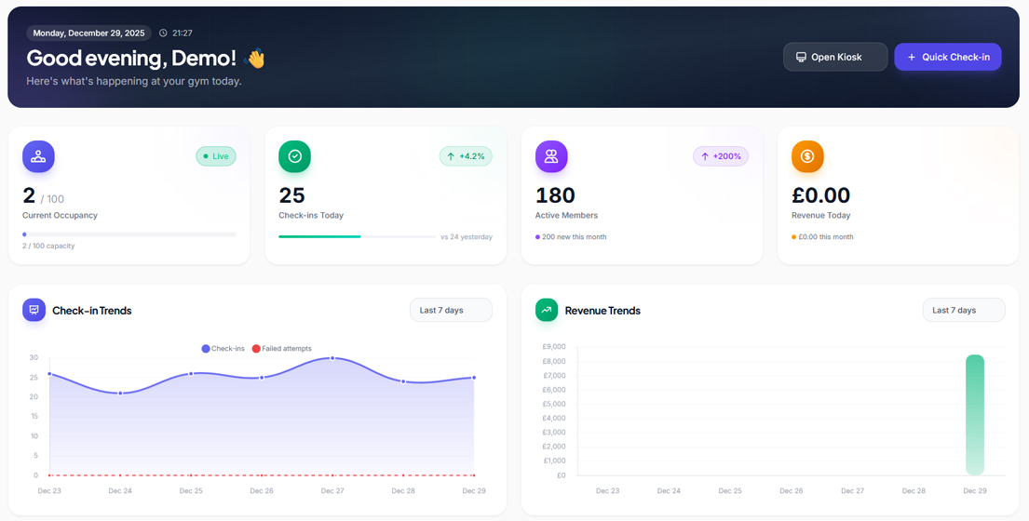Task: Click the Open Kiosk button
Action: [834, 57]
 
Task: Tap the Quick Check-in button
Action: [947, 57]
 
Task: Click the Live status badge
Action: [216, 156]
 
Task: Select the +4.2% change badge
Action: [466, 156]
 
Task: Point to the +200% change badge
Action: [721, 156]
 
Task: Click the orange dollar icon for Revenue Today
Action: [807, 156]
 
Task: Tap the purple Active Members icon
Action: [551, 156]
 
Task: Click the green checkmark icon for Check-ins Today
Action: [294, 156]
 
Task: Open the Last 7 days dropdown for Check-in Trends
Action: [451, 310]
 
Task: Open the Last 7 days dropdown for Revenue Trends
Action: [963, 310]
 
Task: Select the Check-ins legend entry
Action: [223, 349]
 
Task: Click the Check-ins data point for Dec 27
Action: [332, 358]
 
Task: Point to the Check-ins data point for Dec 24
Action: [120, 394]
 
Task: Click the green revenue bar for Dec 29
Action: [974, 414]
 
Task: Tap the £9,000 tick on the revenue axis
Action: [554, 347]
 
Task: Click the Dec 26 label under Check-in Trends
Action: [262, 490]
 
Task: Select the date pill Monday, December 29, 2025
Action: [88, 33]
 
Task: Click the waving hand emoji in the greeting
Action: [254, 59]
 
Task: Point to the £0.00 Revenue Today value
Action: [820, 195]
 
